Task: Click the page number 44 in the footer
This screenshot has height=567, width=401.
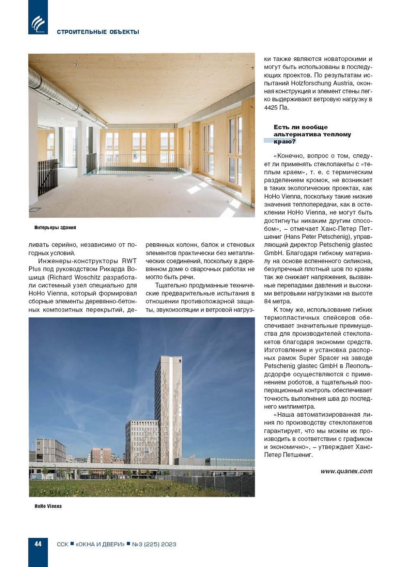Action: pyautogui.click(x=38, y=544)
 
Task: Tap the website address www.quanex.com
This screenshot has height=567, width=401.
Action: pyautogui.click(x=346, y=471)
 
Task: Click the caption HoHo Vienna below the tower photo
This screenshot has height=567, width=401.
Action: pyautogui.click(x=48, y=506)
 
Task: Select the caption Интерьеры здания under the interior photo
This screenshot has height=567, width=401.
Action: pyautogui.click(x=55, y=228)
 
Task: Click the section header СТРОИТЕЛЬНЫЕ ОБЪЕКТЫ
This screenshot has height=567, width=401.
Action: pyautogui.click(x=98, y=32)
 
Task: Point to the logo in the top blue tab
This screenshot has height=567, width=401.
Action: pyautogui.click(x=38, y=24)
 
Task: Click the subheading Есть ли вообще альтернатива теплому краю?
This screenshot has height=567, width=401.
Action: pyautogui.click(x=312, y=134)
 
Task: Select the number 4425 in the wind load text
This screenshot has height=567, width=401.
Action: pyautogui.click(x=271, y=108)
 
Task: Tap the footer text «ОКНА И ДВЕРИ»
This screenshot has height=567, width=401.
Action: pyautogui.click(x=100, y=544)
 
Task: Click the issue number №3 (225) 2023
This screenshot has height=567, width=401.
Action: pyautogui.click(x=154, y=544)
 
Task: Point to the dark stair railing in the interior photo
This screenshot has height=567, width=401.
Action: pyautogui.click(x=47, y=176)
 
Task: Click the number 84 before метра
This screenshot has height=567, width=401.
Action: pyautogui.click(x=268, y=302)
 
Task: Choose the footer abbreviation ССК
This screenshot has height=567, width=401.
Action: pyautogui.click(x=63, y=544)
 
